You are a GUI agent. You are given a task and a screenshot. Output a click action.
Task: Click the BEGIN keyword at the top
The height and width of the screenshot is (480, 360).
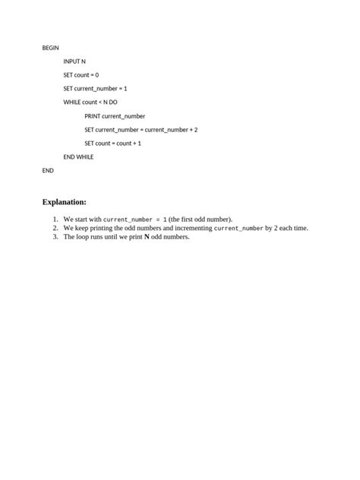click(x=50, y=47)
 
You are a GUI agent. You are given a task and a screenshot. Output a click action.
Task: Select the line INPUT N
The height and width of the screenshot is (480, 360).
click(x=74, y=61)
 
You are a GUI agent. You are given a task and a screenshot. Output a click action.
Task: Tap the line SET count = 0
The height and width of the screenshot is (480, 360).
click(x=81, y=74)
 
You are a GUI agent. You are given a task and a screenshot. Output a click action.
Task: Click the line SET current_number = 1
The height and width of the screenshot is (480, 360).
click(x=95, y=88)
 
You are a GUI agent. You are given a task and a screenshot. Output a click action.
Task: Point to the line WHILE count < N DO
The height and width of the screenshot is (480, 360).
click(x=90, y=102)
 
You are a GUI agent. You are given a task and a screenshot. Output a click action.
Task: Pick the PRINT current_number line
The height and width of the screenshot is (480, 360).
click(x=115, y=115)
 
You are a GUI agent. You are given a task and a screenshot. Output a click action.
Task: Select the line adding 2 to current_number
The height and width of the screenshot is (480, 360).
click(x=141, y=129)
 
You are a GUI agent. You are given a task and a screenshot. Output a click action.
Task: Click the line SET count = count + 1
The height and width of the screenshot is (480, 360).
click(x=112, y=143)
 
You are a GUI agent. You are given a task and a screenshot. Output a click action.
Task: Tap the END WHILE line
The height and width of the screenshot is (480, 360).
click(x=78, y=156)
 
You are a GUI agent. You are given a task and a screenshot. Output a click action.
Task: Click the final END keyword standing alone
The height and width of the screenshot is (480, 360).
click(x=48, y=170)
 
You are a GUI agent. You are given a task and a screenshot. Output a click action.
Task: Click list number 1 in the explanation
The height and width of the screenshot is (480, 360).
click(x=55, y=219)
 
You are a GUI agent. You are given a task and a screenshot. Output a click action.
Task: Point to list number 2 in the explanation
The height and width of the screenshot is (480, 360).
click(x=55, y=228)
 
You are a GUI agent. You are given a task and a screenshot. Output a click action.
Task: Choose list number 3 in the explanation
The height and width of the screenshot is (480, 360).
click(x=55, y=237)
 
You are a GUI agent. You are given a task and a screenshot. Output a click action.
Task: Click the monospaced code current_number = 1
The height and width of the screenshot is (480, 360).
click(x=134, y=219)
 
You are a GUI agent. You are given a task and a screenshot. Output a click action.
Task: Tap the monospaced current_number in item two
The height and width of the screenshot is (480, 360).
click(x=238, y=228)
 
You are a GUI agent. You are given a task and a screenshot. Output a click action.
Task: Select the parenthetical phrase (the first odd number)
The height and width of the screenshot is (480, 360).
click(x=201, y=219)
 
